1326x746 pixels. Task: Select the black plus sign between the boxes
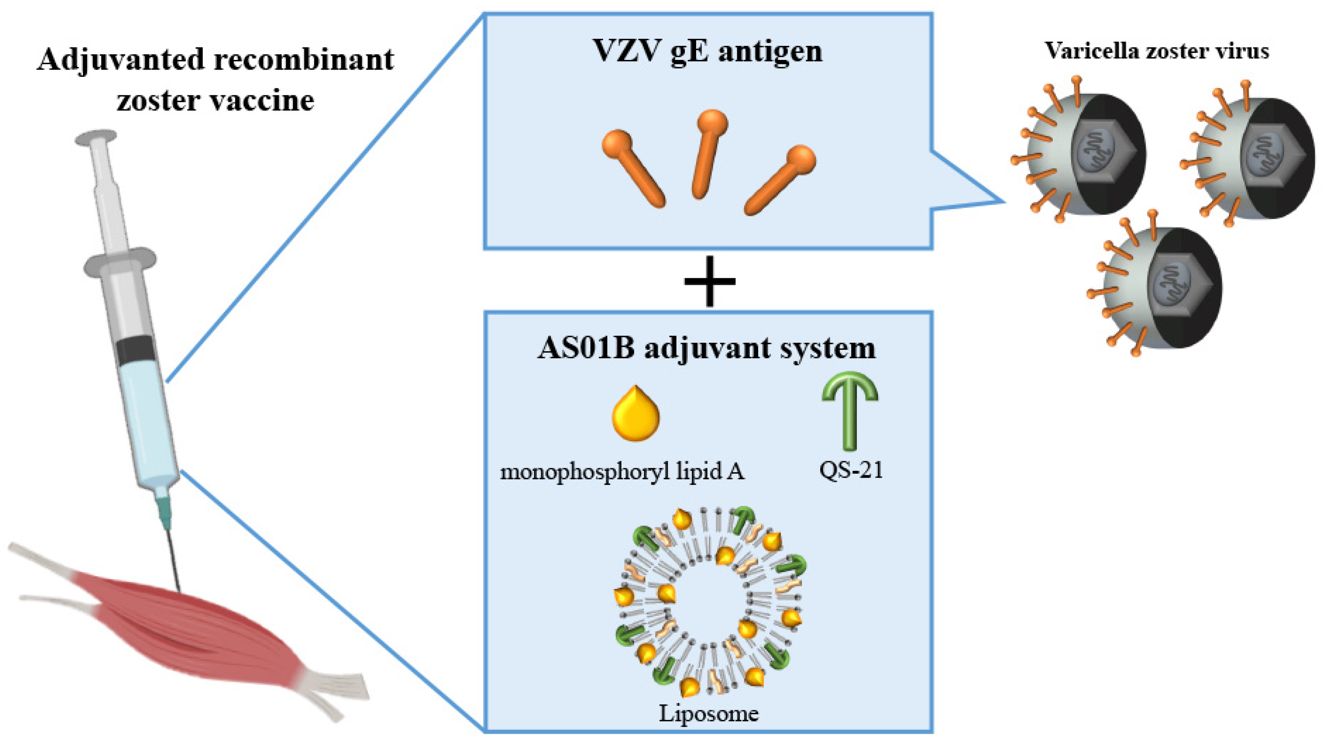point(709,281)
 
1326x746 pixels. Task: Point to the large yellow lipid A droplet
point(636,416)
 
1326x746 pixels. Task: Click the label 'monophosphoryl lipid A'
point(622,471)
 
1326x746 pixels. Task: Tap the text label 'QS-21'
point(851,470)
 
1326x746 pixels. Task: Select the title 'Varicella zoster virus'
point(1157,51)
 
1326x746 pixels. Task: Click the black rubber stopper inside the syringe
point(135,350)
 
